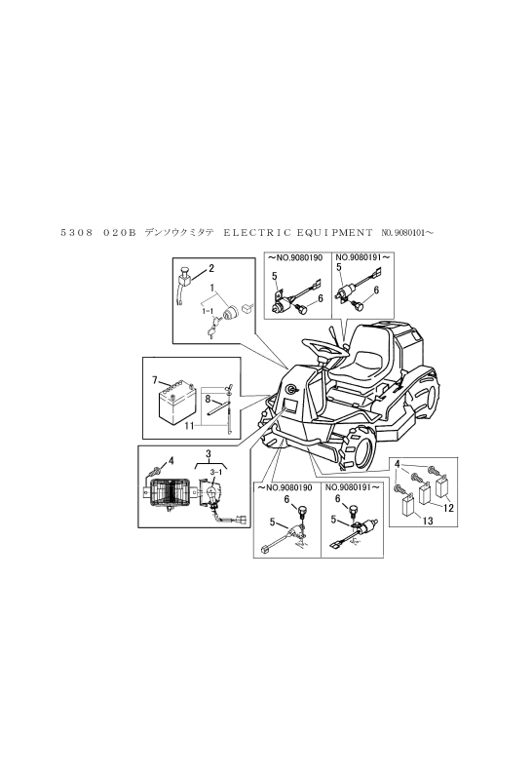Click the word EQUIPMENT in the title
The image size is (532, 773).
point(330,232)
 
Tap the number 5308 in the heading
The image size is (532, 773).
point(76,233)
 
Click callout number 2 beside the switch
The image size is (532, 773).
point(211,269)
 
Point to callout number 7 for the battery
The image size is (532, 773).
point(155,380)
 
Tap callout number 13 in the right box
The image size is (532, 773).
point(428,521)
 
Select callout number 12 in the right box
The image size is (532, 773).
point(449,508)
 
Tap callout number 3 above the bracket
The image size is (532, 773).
point(209,453)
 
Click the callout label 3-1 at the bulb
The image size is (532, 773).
point(215,472)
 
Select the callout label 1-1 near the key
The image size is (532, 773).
point(208,312)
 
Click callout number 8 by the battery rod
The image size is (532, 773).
point(208,398)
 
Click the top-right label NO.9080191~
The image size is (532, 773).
point(363,256)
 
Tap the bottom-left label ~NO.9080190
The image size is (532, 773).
point(285,488)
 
